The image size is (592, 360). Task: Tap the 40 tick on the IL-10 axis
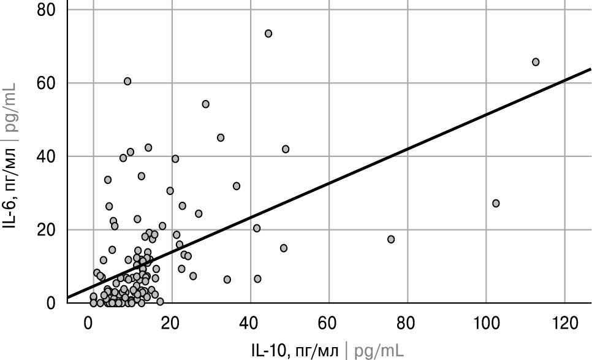(x=250, y=323)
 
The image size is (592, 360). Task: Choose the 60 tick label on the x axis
(x=329, y=323)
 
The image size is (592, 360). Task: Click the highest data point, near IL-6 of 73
(x=268, y=34)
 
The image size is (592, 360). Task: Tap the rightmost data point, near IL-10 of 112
(x=536, y=62)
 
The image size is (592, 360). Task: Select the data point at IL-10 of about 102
(x=496, y=203)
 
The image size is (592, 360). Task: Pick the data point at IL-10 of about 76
(x=391, y=239)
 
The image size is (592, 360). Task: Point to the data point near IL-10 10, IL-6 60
(x=127, y=82)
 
